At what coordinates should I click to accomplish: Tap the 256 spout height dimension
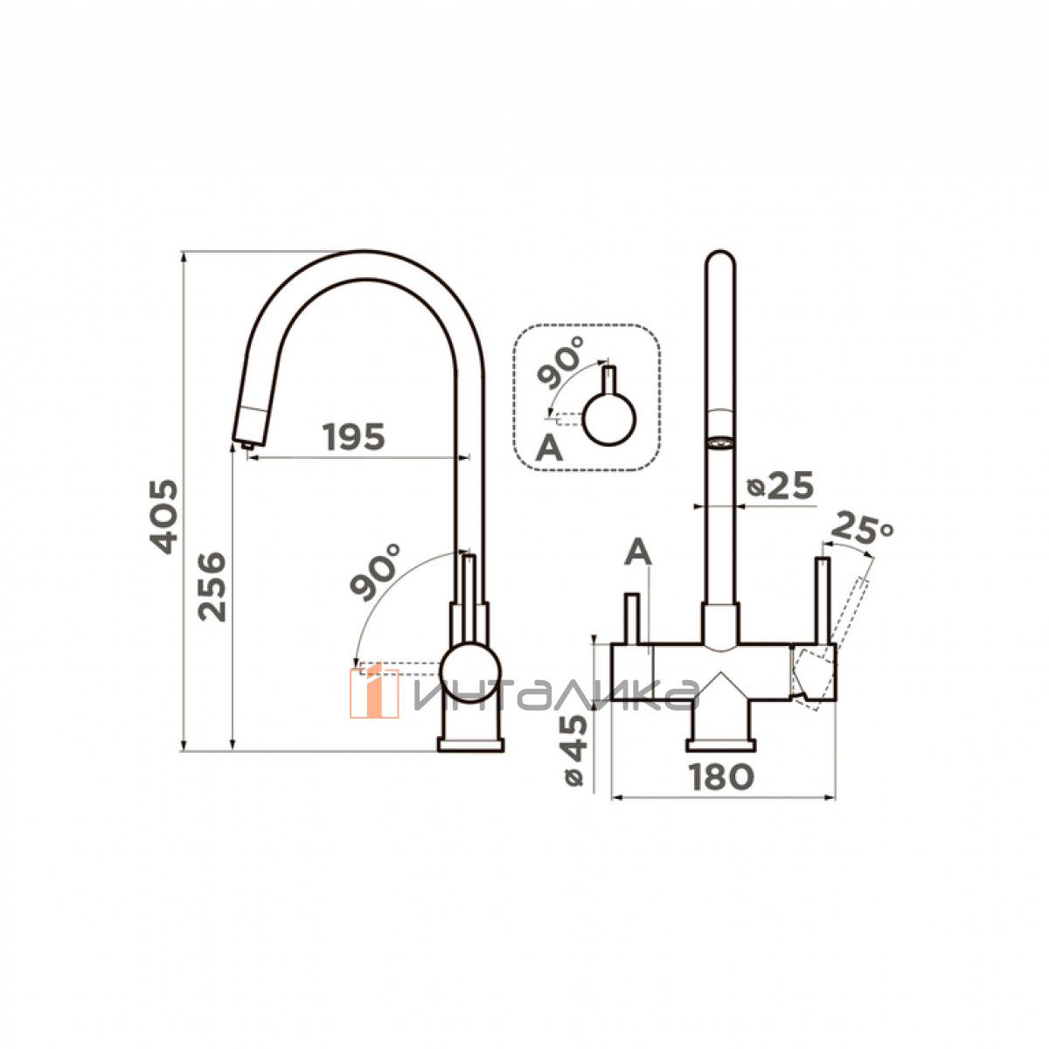[x=212, y=587]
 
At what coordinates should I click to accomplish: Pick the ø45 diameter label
[x=573, y=750]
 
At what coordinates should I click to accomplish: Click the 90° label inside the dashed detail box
[x=560, y=362]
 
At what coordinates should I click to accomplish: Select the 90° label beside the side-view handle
[x=375, y=572]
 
